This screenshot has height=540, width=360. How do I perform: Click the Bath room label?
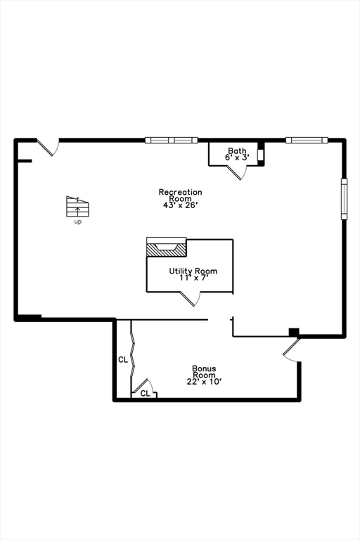click(x=237, y=150)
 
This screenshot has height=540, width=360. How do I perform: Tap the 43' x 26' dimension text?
click(x=180, y=205)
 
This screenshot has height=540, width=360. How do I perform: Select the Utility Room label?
click(x=193, y=271)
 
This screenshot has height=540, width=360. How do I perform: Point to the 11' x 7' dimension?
click(x=193, y=278)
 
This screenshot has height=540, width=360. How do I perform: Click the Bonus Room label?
click(x=204, y=371)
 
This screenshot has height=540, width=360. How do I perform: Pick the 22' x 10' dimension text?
click(x=204, y=382)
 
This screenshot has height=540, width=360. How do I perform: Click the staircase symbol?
click(x=77, y=206)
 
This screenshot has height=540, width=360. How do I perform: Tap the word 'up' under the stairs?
click(x=78, y=222)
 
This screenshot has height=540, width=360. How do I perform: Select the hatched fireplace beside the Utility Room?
click(x=167, y=250)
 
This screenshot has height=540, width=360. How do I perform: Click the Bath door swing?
click(x=237, y=172)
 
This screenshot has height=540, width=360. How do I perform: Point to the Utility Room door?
click(x=191, y=299)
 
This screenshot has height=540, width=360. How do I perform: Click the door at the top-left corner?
click(x=49, y=147)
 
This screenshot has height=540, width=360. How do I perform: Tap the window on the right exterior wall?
click(x=344, y=199)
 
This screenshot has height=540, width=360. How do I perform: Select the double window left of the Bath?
click(x=172, y=140)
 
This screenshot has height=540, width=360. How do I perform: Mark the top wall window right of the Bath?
click(x=307, y=140)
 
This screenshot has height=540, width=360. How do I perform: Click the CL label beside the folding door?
click(x=123, y=360)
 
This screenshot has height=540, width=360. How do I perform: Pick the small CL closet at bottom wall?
click(x=145, y=393)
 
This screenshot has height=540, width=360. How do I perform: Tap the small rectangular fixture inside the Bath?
click(x=260, y=155)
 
